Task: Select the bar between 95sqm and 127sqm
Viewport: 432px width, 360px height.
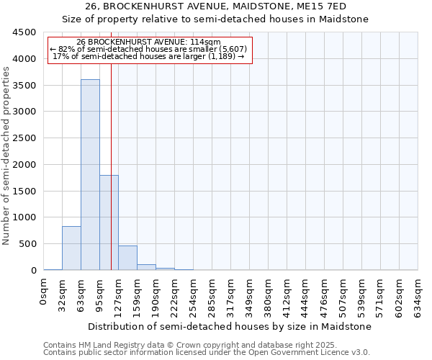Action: [109, 222]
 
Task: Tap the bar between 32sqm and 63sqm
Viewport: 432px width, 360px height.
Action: [71, 248]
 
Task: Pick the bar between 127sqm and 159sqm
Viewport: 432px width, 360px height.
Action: [127, 258]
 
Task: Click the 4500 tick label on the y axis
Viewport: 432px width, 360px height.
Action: [24, 32]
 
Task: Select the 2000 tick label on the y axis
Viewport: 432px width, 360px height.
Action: [24, 165]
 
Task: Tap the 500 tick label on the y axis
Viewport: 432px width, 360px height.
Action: [27, 244]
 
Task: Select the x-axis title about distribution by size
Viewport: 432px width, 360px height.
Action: [230, 326]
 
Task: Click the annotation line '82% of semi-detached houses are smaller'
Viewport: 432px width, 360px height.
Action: [149, 49]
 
